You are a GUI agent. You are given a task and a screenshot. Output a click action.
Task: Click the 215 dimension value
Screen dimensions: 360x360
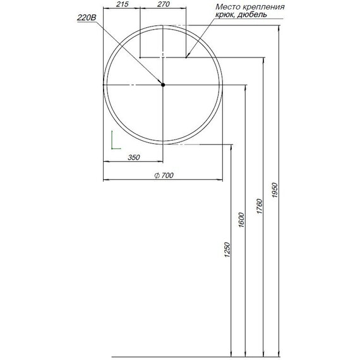coord(123,5)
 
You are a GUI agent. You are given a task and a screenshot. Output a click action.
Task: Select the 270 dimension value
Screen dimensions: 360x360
coord(163,5)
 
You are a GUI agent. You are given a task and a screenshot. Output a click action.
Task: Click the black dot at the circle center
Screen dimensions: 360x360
coord(163,85)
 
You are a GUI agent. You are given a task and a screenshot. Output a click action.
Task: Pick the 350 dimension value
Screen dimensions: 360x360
coord(133,157)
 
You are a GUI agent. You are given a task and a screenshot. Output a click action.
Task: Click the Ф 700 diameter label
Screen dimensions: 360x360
coord(163,176)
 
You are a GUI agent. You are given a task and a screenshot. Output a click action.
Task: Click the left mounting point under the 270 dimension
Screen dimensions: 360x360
coord(140,57)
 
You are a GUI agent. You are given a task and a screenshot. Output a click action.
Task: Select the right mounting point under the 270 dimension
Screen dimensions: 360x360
coord(186,57)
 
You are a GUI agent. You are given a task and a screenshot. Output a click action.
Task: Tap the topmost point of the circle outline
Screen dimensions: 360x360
coord(163,25)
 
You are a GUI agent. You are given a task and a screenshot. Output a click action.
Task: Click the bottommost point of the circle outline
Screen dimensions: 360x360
coord(163,145)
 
